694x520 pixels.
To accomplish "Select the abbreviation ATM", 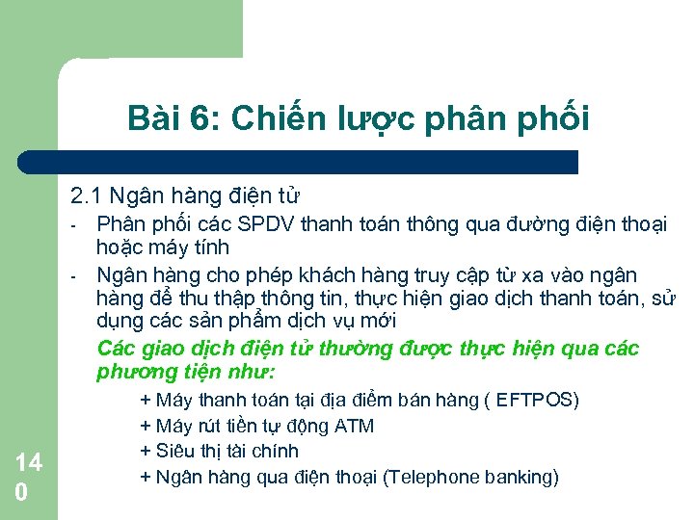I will click(355, 426).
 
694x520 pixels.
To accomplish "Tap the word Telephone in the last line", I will click(435, 477).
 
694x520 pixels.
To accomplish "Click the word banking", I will click(521, 477).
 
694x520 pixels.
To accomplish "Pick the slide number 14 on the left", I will click(28, 462).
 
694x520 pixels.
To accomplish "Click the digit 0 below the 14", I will click(20, 491).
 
